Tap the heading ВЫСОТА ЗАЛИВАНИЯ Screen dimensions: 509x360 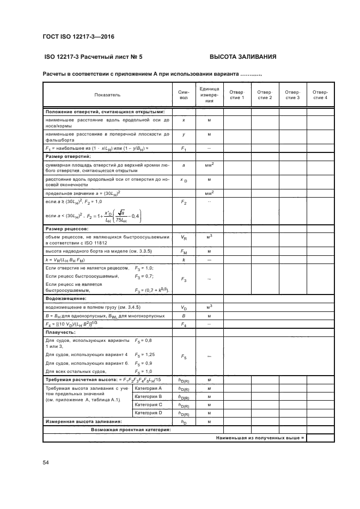243,56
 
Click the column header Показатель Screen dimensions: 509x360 107,95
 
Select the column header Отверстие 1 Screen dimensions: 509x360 236,95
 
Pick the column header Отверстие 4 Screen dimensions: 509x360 319,95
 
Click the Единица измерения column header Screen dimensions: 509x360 209,95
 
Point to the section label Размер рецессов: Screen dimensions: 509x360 68,229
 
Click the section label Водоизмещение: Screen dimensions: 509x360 65,298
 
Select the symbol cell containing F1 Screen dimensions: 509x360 184,148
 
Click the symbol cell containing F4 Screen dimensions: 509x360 184,324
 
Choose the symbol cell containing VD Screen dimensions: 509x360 184,307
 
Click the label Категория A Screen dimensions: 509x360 149,388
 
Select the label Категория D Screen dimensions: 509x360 149,413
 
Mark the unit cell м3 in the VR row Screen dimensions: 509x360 209,238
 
